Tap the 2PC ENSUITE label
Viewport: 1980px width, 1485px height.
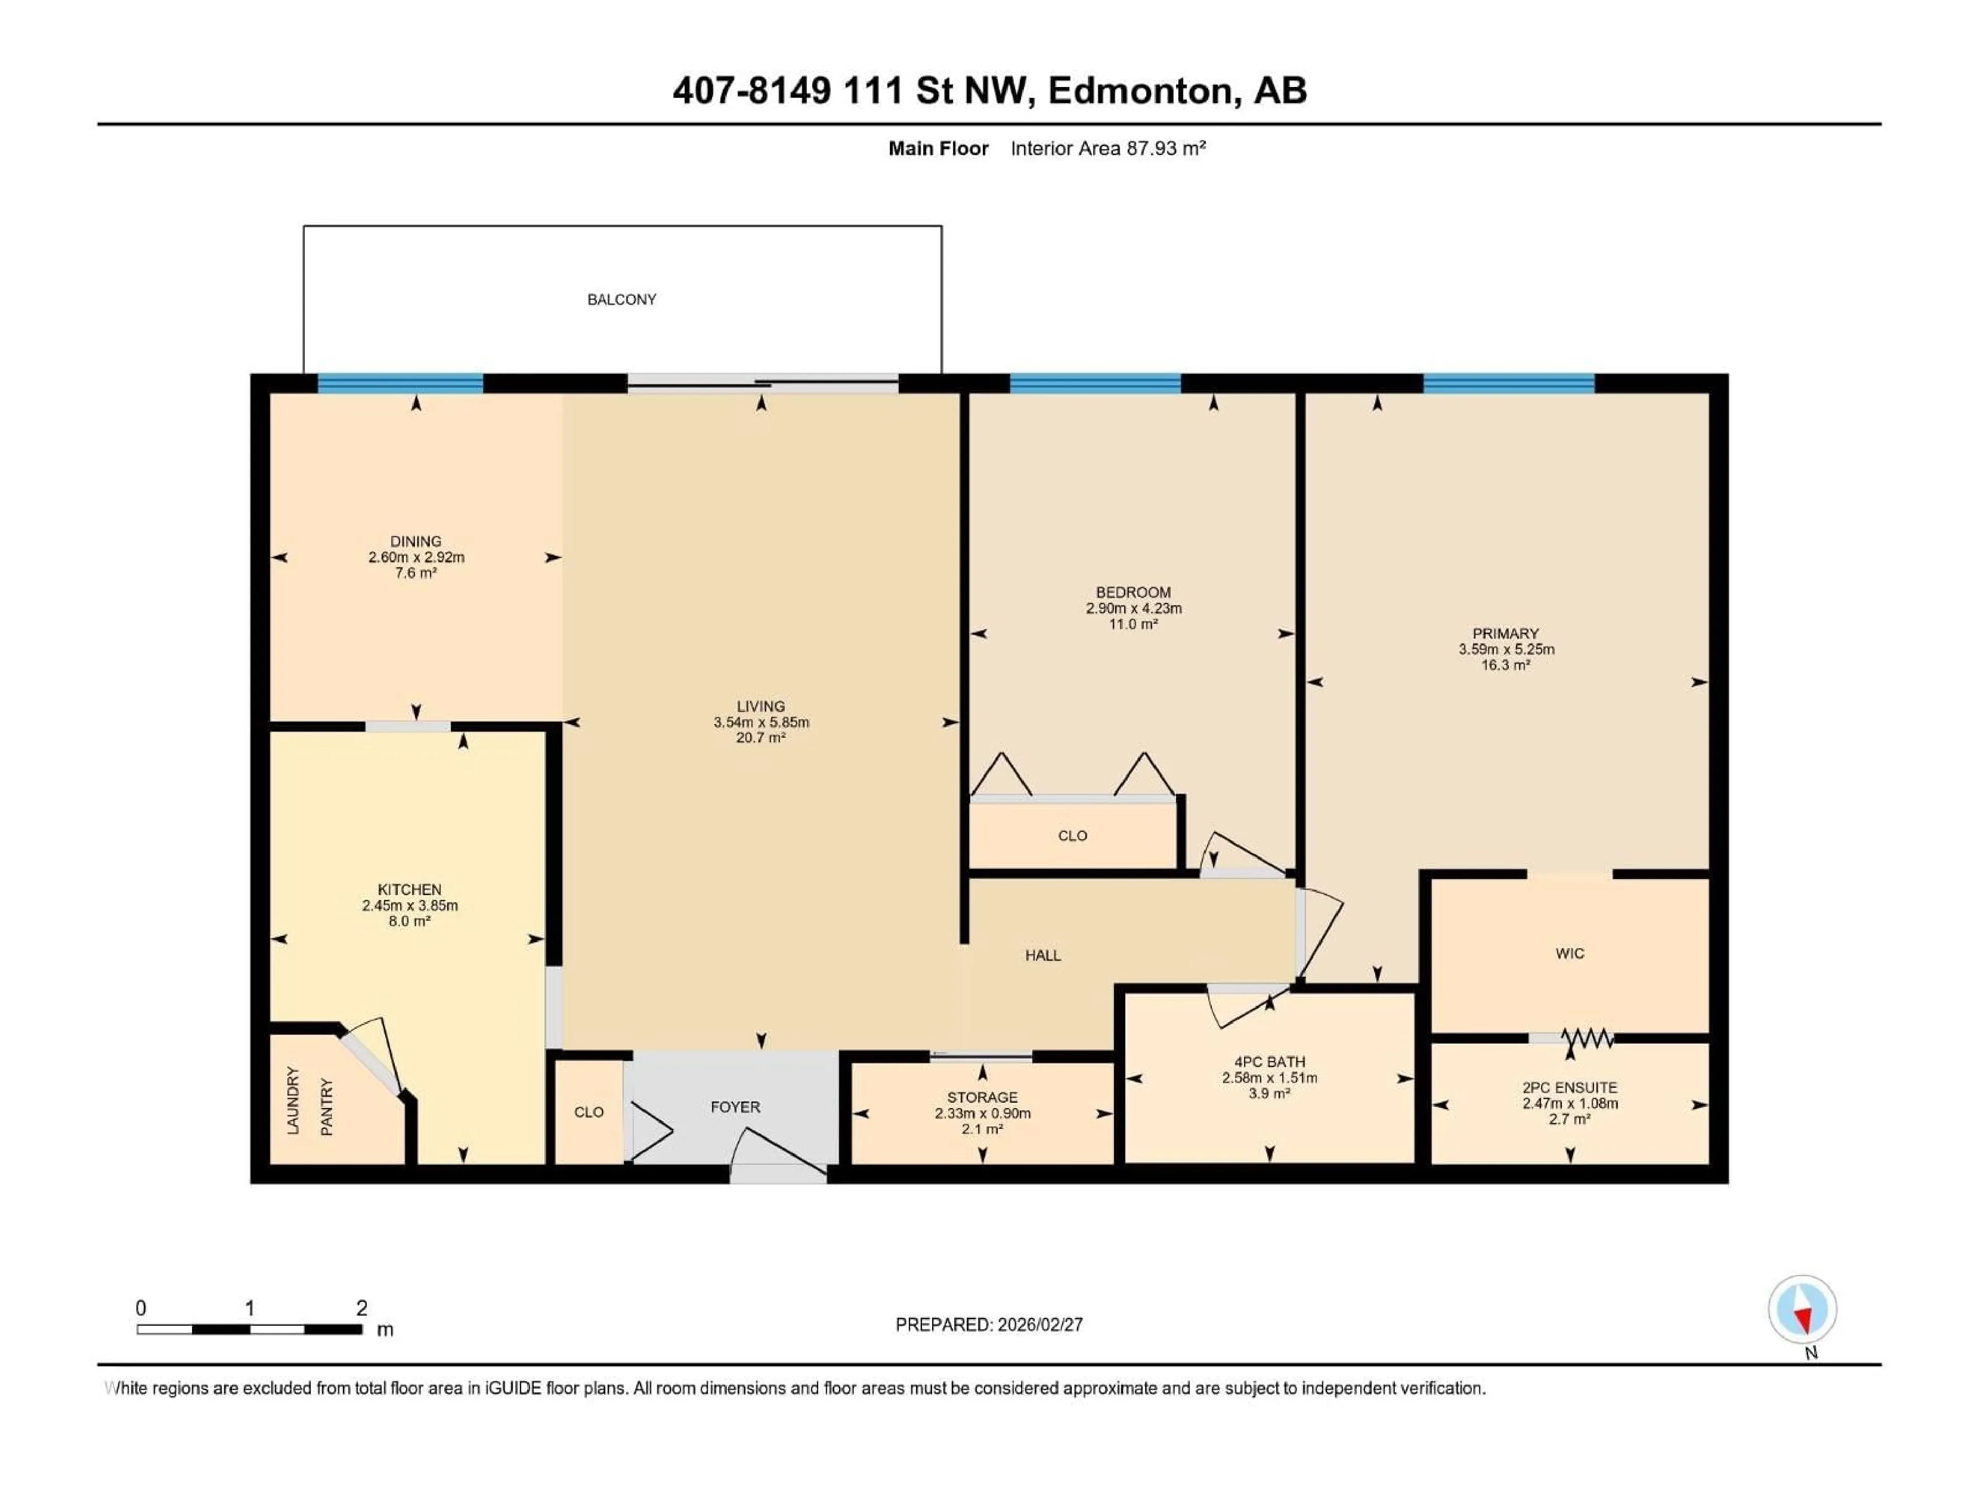click(1569, 1087)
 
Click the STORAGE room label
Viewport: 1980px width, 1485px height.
click(982, 1097)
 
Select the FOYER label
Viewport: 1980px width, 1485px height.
click(735, 1107)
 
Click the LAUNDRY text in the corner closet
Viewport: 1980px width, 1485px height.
click(293, 1101)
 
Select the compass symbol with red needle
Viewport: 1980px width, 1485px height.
click(1802, 1310)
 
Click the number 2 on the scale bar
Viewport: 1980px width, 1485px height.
click(361, 1308)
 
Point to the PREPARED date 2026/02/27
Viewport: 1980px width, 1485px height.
click(989, 1325)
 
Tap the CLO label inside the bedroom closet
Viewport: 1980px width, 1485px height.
click(1072, 836)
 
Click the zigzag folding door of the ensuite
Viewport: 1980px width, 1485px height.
click(1587, 1038)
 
